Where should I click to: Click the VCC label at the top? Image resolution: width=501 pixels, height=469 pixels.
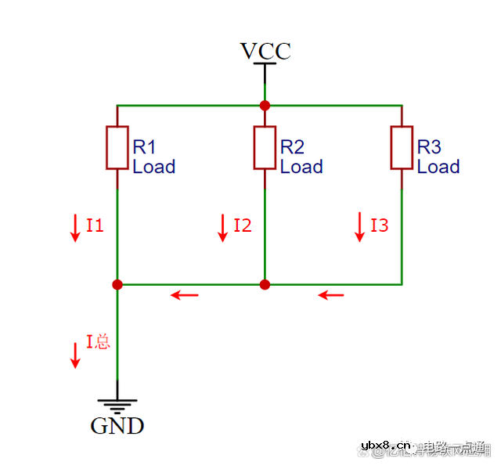click(265, 52)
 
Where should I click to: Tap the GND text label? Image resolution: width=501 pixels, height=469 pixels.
click(117, 426)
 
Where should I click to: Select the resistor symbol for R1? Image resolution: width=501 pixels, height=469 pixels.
click(117, 147)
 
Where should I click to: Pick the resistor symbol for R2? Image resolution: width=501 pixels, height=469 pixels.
click(265, 147)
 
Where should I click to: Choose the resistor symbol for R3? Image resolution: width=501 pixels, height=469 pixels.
click(402, 147)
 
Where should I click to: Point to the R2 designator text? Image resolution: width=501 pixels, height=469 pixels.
click(292, 147)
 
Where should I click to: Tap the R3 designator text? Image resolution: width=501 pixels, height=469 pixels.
click(429, 147)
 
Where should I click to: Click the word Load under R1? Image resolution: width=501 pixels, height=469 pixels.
click(153, 167)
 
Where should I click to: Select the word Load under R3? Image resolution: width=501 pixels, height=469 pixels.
click(438, 167)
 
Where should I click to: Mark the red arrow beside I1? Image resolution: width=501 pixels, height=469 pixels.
click(75, 226)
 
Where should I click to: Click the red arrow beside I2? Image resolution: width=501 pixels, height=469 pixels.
click(223, 226)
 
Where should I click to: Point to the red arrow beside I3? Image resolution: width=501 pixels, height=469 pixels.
click(360, 226)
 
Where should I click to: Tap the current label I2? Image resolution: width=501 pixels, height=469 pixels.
click(243, 226)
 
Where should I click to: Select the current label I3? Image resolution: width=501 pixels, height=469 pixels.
click(380, 226)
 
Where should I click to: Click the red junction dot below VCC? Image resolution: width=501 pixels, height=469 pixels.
click(265, 105)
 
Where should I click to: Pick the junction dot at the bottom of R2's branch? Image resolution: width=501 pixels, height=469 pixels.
click(265, 284)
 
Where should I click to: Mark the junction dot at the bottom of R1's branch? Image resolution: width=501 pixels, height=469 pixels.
click(117, 284)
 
